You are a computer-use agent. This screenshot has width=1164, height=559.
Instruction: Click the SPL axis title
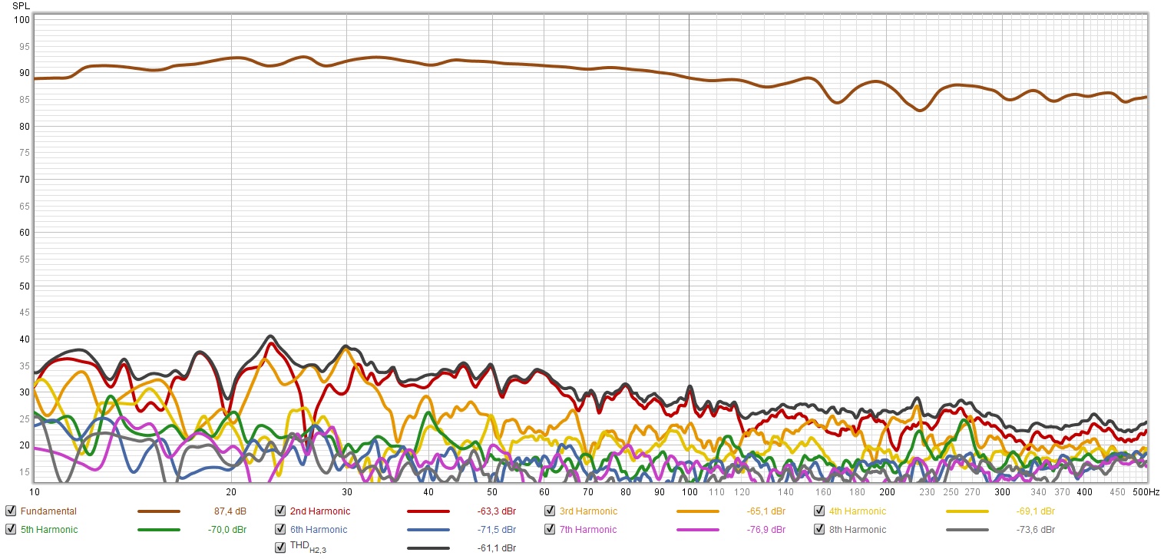(21, 6)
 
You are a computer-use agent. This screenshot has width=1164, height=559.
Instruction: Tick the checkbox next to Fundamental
(11, 511)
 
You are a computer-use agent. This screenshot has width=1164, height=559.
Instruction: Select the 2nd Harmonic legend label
(319, 511)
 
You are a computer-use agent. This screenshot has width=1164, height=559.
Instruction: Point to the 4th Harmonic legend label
(857, 511)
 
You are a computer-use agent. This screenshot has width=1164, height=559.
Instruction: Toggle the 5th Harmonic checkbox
(11, 530)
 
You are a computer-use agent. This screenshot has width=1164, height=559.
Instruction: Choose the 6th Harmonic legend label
(318, 530)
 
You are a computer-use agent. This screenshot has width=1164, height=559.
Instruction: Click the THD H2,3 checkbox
(280, 547)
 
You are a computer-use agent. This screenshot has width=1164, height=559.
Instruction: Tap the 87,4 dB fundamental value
(230, 511)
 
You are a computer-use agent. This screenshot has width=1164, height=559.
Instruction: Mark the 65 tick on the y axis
(23, 206)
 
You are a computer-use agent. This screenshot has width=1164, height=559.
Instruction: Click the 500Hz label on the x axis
(1146, 491)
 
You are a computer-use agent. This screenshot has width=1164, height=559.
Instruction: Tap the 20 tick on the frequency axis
(231, 491)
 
